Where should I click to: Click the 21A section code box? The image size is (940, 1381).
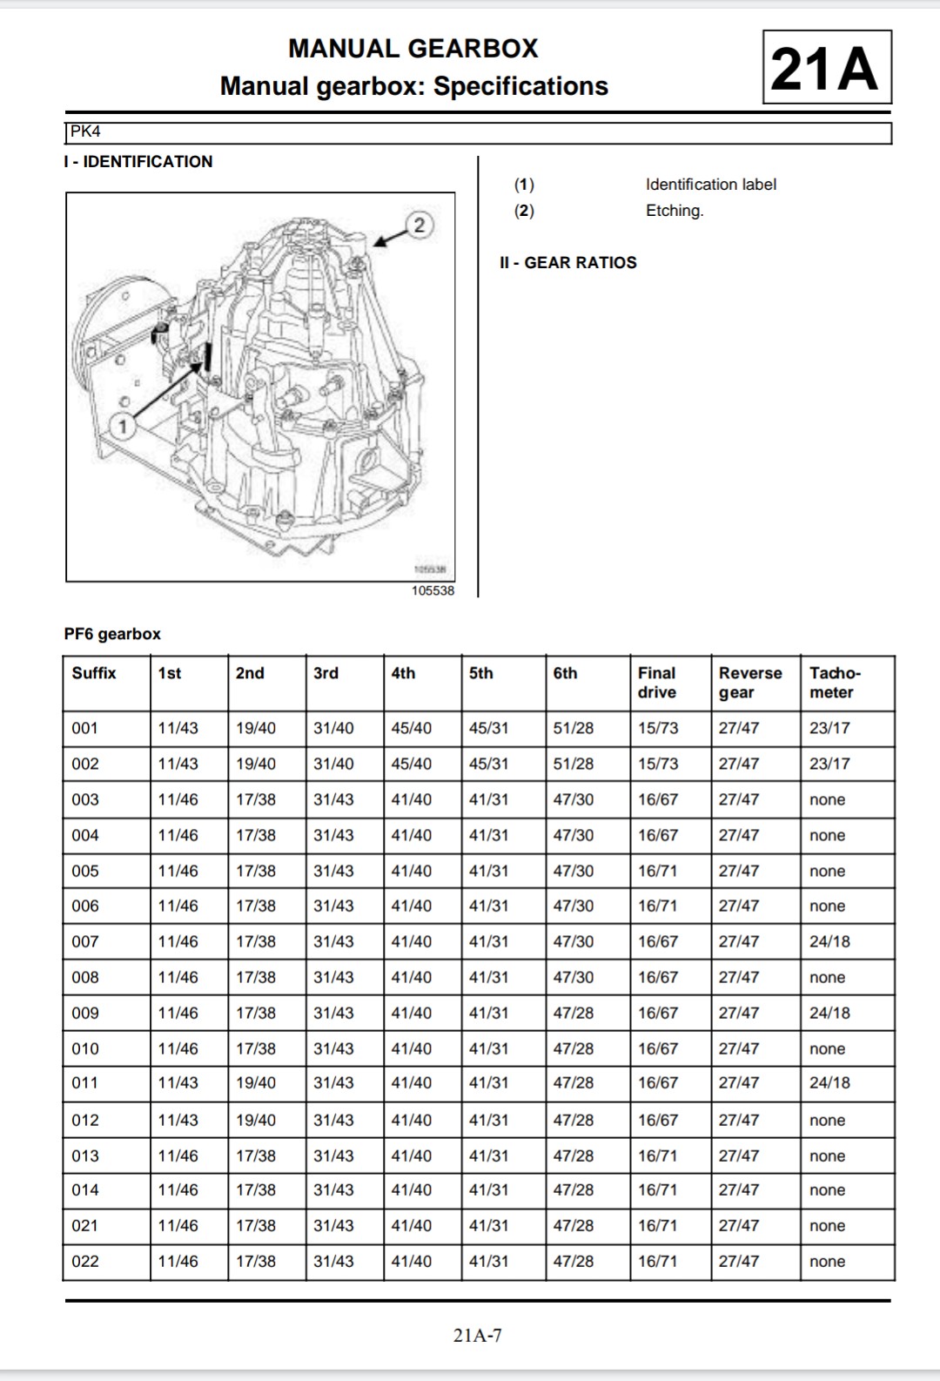coord(826,68)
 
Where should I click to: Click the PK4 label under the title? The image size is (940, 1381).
coord(86,132)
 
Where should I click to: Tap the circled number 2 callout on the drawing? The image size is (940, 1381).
coord(420,225)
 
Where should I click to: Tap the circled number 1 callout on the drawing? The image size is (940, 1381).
coord(124,426)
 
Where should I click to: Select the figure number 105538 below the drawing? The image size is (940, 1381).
coord(433,590)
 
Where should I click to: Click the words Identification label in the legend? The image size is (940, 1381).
coord(710,185)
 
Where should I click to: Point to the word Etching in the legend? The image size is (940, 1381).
coord(674,211)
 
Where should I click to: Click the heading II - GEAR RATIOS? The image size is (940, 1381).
coord(567,263)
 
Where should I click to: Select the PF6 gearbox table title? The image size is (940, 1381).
coord(112,634)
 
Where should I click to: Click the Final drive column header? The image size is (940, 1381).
coord(657,683)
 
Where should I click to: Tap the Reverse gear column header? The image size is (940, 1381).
coord(749,683)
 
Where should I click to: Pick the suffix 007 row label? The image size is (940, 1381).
coord(85,941)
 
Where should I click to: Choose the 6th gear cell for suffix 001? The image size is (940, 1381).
coord(574,728)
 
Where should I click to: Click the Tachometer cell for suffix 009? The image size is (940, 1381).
coord(829,1013)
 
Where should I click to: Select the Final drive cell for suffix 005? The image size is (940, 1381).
coord(658,871)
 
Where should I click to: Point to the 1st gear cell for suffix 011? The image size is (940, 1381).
coord(178,1082)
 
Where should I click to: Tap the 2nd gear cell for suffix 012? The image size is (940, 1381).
coord(256,1120)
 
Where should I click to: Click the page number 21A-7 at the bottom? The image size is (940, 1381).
coord(477,1335)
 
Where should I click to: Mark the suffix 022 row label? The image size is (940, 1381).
coord(85,1261)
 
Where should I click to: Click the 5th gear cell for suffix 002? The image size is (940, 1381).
coord(488,764)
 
